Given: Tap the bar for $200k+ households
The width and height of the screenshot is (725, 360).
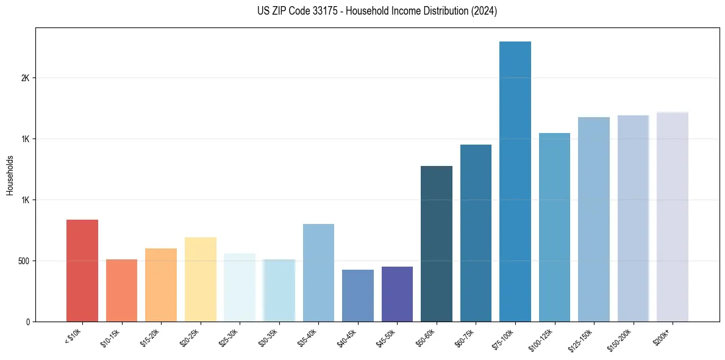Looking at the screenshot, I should click(x=673, y=217).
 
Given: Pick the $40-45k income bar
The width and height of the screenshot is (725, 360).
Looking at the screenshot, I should click(x=358, y=295).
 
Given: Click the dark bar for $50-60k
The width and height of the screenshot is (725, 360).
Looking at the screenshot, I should click(x=437, y=243).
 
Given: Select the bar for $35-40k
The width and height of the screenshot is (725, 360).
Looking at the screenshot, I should click(x=318, y=272).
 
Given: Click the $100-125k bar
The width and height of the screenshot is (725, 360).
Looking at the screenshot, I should click(x=554, y=227).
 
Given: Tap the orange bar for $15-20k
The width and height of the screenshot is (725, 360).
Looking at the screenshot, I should click(x=161, y=284).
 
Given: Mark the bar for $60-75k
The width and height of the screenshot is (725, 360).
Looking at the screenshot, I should click(x=476, y=232).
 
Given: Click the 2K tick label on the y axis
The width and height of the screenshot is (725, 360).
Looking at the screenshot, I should click(x=25, y=78).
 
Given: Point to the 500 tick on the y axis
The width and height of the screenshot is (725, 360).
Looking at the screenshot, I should click(x=23, y=261).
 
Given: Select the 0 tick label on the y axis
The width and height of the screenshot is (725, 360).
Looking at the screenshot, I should click(x=27, y=322).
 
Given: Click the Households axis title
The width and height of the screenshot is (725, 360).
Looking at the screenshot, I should click(x=10, y=175).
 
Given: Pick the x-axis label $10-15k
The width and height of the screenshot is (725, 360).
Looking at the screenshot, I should click(x=110, y=337).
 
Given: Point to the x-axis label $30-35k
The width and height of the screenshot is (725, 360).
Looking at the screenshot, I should click(x=268, y=337).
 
